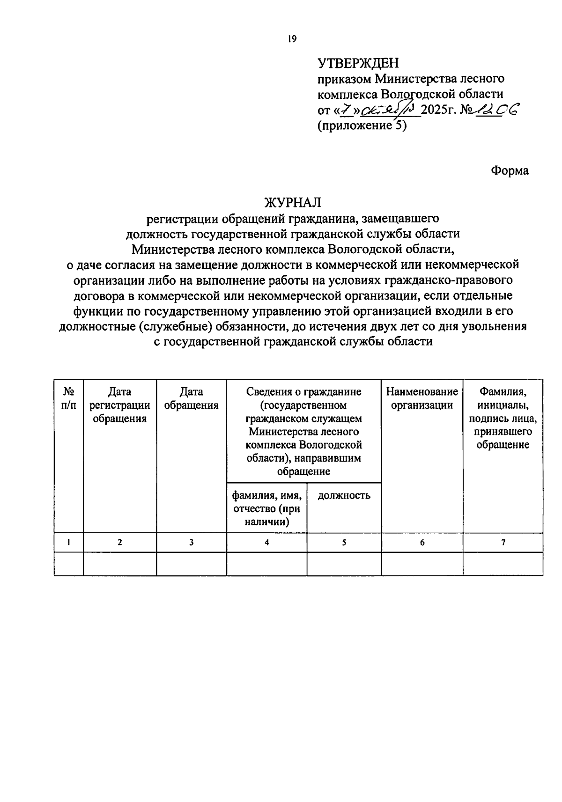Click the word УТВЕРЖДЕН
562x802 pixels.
(x=358, y=63)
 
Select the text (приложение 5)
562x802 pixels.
(x=362, y=125)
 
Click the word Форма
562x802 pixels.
(x=510, y=171)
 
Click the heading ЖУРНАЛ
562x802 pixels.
(x=293, y=203)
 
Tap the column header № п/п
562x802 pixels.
(x=68, y=398)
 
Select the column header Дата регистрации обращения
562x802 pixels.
(x=120, y=405)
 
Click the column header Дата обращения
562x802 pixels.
(x=191, y=398)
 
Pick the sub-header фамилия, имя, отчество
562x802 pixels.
(x=266, y=508)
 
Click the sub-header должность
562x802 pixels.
(x=344, y=495)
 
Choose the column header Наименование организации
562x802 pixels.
(x=422, y=398)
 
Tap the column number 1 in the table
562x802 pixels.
(x=68, y=543)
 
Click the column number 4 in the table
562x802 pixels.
(x=266, y=543)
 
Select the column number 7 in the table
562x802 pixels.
(x=503, y=543)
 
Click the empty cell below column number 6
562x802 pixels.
(x=422, y=564)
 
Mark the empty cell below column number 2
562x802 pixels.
(x=120, y=564)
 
